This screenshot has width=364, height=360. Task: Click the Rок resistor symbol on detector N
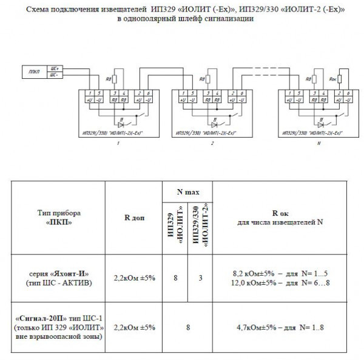pyautogui.click(x=339, y=79)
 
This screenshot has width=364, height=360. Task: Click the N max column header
pyautogui.click(x=187, y=192)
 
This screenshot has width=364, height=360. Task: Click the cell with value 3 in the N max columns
pyautogui.click(x=200, y=277)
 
